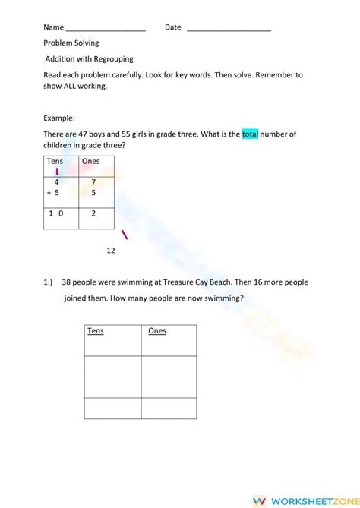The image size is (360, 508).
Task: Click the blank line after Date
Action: tap(229, 29)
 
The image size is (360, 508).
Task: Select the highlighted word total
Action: tap(251, 134)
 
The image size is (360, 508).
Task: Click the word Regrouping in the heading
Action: tap(117, 58)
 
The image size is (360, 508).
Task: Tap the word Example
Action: tap(59, 118)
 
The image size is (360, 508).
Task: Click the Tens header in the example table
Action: tap(55, 162)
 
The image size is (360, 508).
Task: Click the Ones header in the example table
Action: tap(90, 162)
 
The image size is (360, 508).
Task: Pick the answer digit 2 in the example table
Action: tap(93, 214)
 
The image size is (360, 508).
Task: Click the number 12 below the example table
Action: tap(111, 250)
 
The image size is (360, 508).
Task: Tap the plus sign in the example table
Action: tap(49, 193)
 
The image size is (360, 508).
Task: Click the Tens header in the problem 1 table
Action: tap(96, 331)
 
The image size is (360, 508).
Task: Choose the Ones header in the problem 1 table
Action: tap(156, 331)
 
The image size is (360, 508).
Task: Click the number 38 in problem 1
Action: tap(68, 282)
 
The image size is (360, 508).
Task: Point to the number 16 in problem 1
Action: tap(247, 282)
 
